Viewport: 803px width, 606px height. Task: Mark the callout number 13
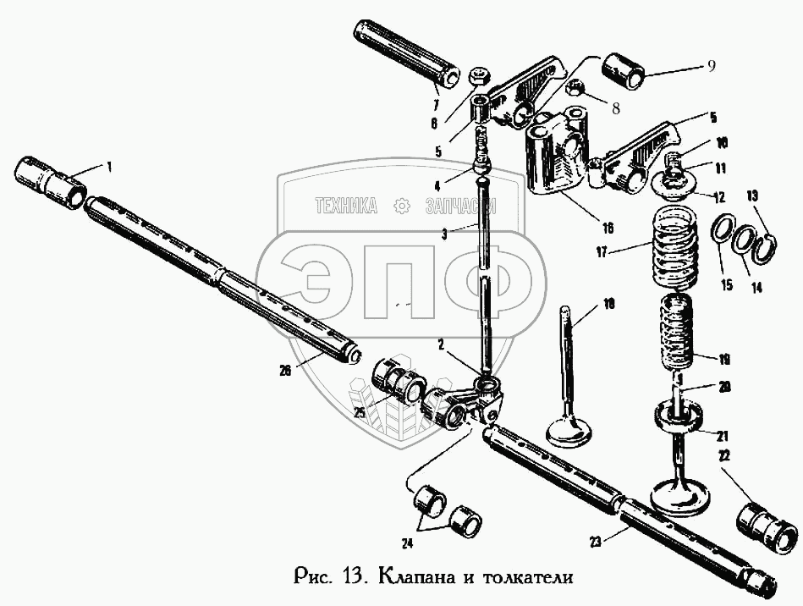tap(754, 196)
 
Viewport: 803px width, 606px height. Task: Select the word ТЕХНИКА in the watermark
tap(345, 206)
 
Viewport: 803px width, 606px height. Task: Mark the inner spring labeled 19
tap(681, 334)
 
